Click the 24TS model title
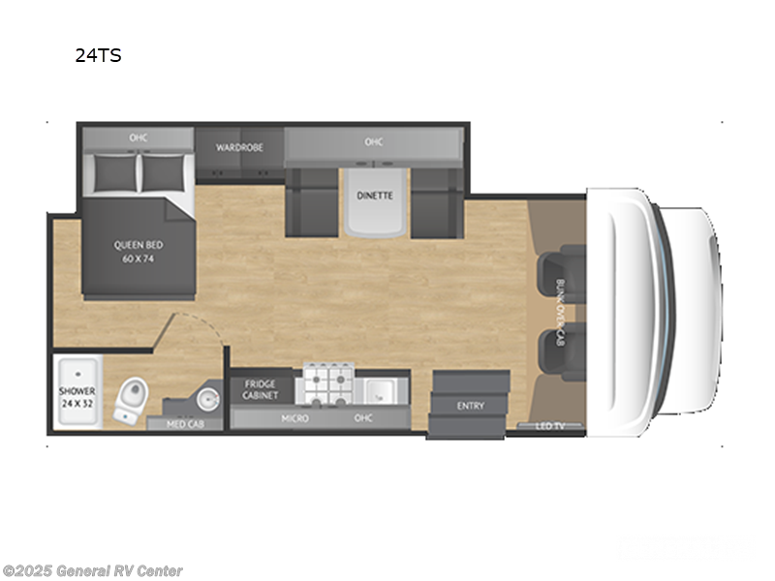click(98, 55)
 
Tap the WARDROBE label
click(240, 148)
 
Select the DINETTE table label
click(375, 196)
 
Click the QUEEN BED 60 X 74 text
click(136, 252)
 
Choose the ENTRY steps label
click(470, 406)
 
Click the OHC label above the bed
click(138, 138)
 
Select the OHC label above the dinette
click(374, 142)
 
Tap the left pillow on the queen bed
click(115, 172)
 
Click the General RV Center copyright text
click(93, 571)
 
